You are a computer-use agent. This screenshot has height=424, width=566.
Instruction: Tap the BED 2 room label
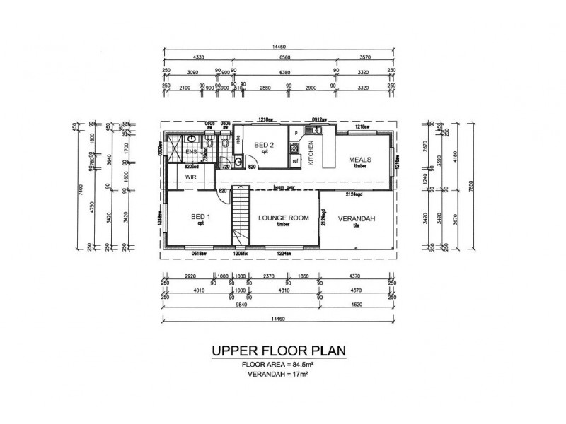(265, 146)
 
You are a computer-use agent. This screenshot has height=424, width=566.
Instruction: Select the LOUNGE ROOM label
(283, 218)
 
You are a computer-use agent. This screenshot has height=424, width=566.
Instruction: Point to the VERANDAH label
(356, 218)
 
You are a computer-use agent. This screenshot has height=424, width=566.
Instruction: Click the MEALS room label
(360, 160)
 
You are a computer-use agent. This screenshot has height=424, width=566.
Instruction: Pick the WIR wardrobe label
(190, 177)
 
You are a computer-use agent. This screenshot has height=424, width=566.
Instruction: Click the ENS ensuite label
(190, 151)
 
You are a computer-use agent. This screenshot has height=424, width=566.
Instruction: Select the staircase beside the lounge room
(241, 216)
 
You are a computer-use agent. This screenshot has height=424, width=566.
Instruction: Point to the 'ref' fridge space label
(296, 162)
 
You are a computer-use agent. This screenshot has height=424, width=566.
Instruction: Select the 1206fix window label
(241, 253)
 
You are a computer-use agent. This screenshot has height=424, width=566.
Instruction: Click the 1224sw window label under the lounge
(284, 253)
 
